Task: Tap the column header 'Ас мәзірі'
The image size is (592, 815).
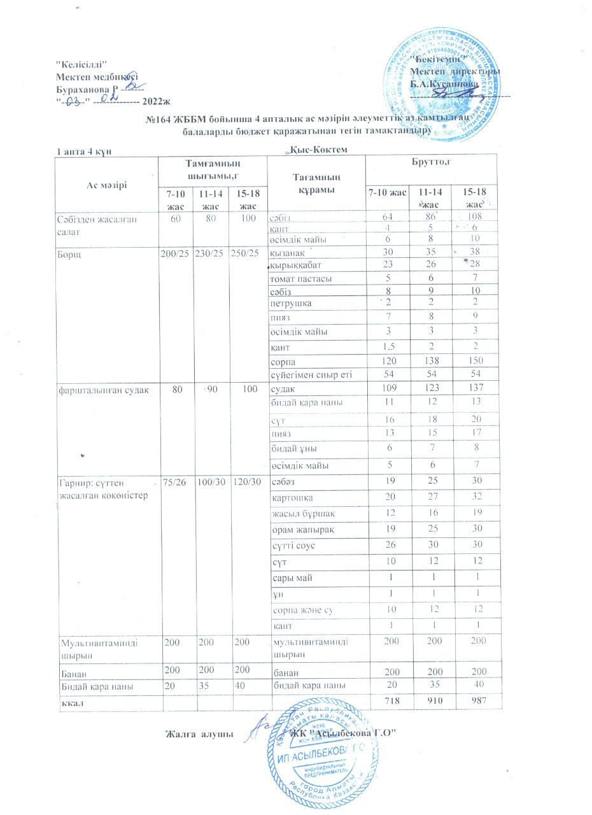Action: pos(106,185)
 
